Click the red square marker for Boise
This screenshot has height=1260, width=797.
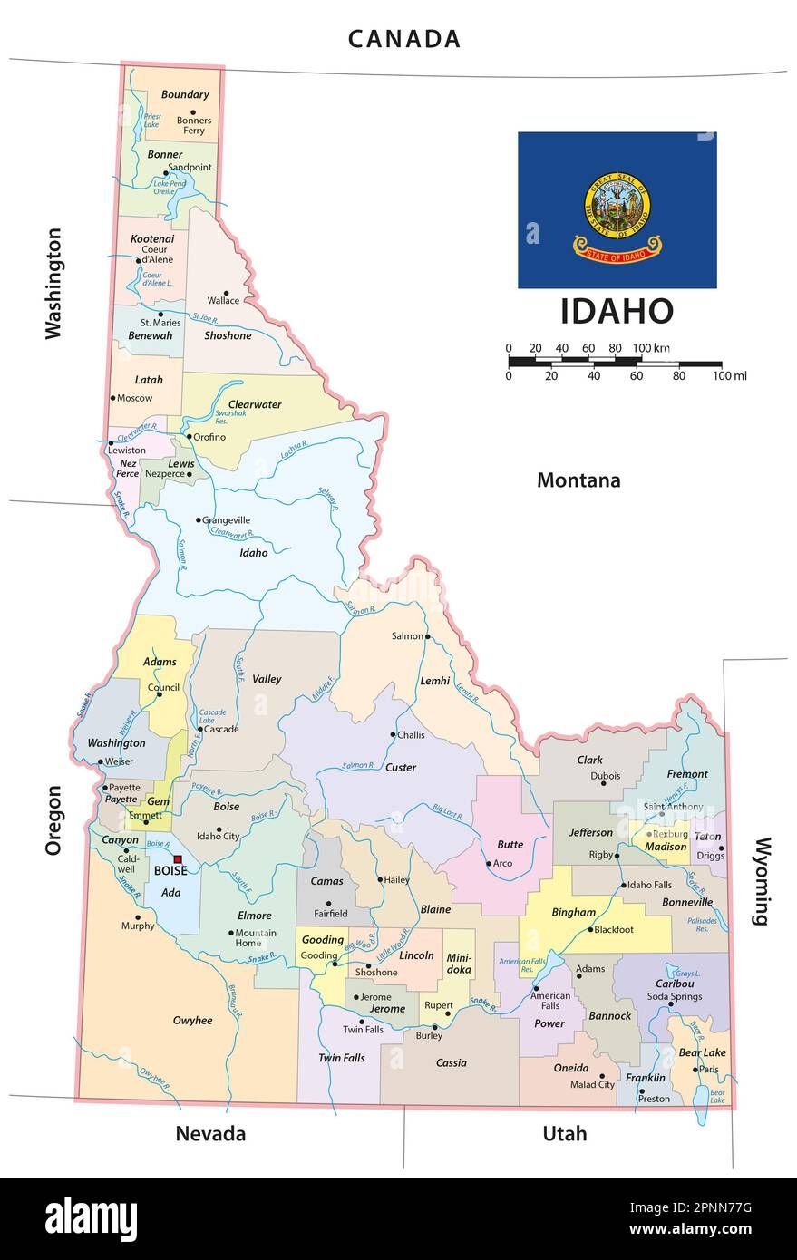pyautogui.click(x=178, y=858)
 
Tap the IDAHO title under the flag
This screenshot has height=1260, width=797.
pyautogui.click(x=617, y=311)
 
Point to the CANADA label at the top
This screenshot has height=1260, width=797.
pyautogui.click(x=404, y=39)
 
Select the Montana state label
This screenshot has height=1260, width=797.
pyautogui.click(x=578, y=480)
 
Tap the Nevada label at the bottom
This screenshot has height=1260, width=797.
pyautogui.click(x=210, y=1133)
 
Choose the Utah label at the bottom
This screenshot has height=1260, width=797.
pyautogui.click(x=564, y=1133)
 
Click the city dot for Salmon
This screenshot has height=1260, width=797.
pyautogui.click(x=428, y=636)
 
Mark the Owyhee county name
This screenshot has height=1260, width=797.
pyautogui.click(x=192, y=1020)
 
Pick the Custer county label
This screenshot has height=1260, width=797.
pyautogui.click(x=401, y=767)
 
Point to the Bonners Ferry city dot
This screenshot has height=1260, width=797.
pyautogui.click(x=193, y=112)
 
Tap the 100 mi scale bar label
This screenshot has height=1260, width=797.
pyautogui.click(x=729, y=375)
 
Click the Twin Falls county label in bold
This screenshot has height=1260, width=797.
pyautogui.click(x=341, y=1057)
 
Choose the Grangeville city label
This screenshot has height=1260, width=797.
pyautogui.click(x=227, y=520)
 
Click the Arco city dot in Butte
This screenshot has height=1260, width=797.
pyautogui.click(x=489, y=863)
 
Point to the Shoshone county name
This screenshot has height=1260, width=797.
pyautogui.click(x=228, y=335)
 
